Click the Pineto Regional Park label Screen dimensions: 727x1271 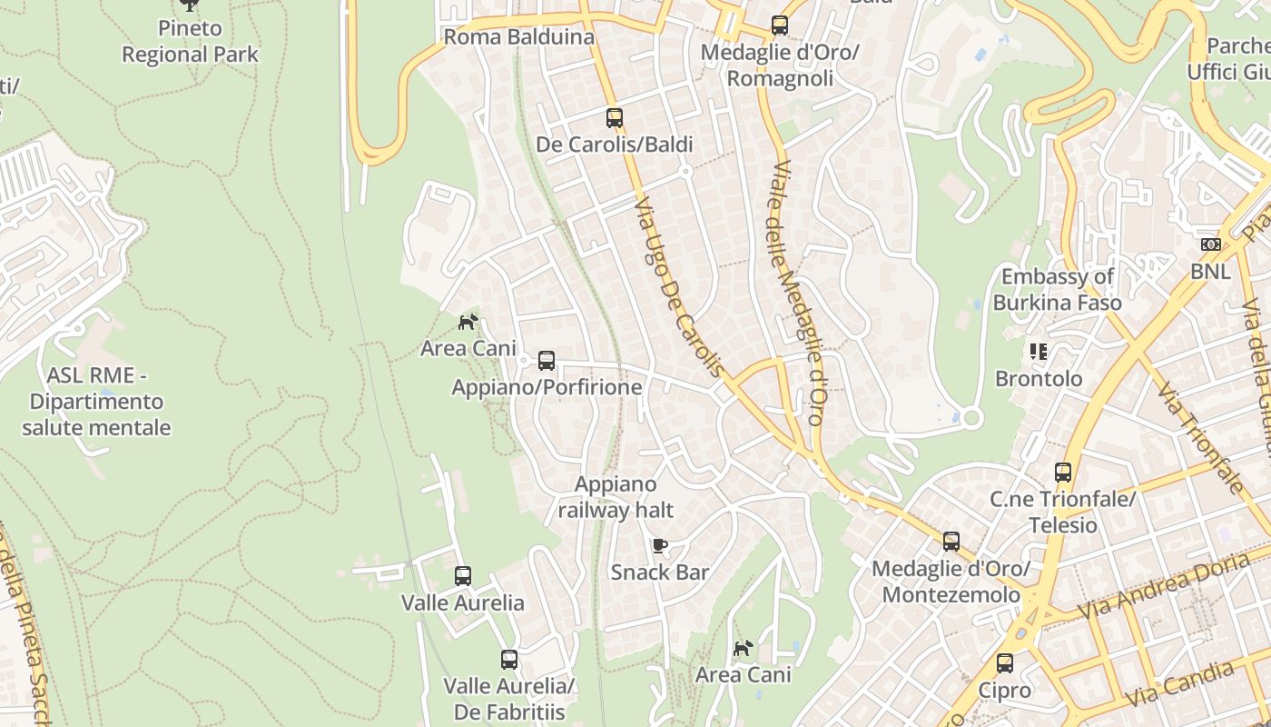click(190, 42)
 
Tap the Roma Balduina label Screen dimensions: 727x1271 click(518, 37)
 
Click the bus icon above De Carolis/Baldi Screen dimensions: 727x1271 click(615, 118)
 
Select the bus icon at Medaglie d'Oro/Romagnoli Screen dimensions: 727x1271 click(780, 25)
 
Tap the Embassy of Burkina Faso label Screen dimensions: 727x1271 click(1057, 290)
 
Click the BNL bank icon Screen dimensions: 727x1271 click(1210, 244)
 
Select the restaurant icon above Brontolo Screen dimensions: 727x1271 click(1039, 352)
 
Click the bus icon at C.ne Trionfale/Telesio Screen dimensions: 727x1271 click(1063, 473)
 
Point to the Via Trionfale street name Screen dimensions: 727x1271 click(1199, 437)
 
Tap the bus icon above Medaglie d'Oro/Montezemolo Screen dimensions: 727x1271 click(951, 542)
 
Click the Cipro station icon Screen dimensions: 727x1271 click(1004, 663)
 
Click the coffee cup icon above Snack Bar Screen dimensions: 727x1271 click(660, 545)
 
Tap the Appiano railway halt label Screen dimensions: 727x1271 click(616, 497)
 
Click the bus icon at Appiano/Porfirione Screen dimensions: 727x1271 click(547, 361)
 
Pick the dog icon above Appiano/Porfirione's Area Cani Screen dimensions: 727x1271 click(468, 322)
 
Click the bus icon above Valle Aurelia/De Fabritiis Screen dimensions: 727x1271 click(509, 660)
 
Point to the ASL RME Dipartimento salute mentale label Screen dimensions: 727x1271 click(96, 401)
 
